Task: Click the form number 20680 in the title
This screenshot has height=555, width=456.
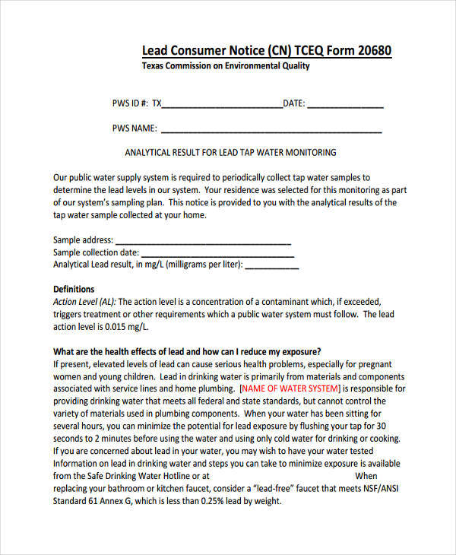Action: [x=372, y=51]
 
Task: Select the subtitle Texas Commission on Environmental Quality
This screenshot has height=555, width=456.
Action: [x=226, y=66]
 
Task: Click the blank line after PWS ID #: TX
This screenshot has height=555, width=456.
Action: [x=222, y=106]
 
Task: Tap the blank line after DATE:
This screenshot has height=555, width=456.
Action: [x=345, y=106]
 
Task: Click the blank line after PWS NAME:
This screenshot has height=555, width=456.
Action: [x=271, y=130]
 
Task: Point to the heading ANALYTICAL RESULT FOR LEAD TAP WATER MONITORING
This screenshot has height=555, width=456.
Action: [x=230, y=152]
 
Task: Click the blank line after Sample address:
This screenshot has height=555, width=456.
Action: [x=204, y=241]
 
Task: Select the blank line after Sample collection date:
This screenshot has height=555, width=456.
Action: [x=216, y=253]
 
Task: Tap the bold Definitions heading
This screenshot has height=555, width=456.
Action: [x=74, y=290]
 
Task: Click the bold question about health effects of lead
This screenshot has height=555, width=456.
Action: [x=187, y=352]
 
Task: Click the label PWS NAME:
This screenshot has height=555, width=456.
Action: [x=135, y=128]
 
